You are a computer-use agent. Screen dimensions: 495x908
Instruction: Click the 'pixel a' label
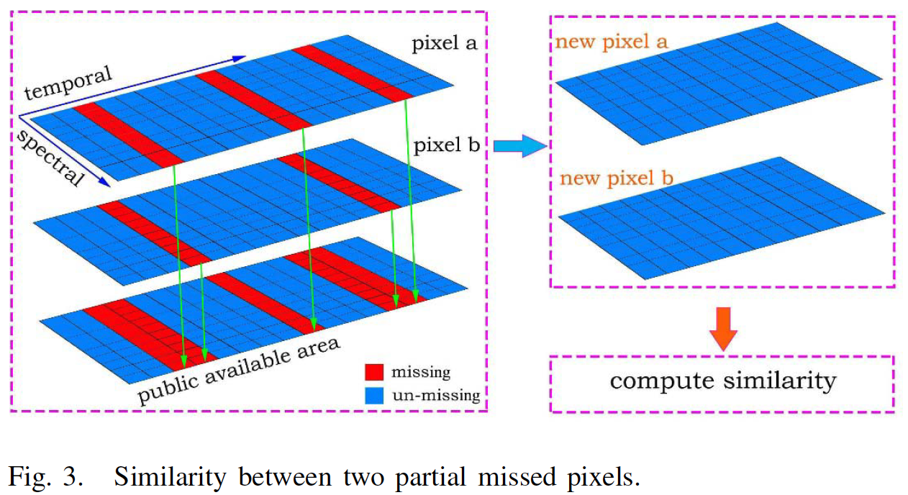(445, 44)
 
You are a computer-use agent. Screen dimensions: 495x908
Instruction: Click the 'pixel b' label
(447, 146)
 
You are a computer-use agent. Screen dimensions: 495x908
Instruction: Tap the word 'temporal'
(69, 82)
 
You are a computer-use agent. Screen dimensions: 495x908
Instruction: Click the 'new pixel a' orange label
(612, 42)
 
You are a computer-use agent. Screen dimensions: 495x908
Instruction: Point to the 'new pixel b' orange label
(617, 177)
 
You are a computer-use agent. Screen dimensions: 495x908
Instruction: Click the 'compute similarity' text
(722, 380)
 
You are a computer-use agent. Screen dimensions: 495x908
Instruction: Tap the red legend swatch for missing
(374, 373)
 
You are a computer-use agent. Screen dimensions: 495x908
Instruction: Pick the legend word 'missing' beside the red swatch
(421, 373)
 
